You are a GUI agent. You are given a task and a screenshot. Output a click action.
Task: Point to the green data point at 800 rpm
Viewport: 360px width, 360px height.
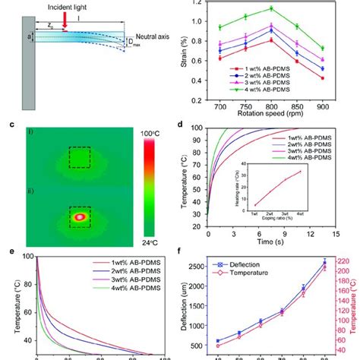tap(270, 8)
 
